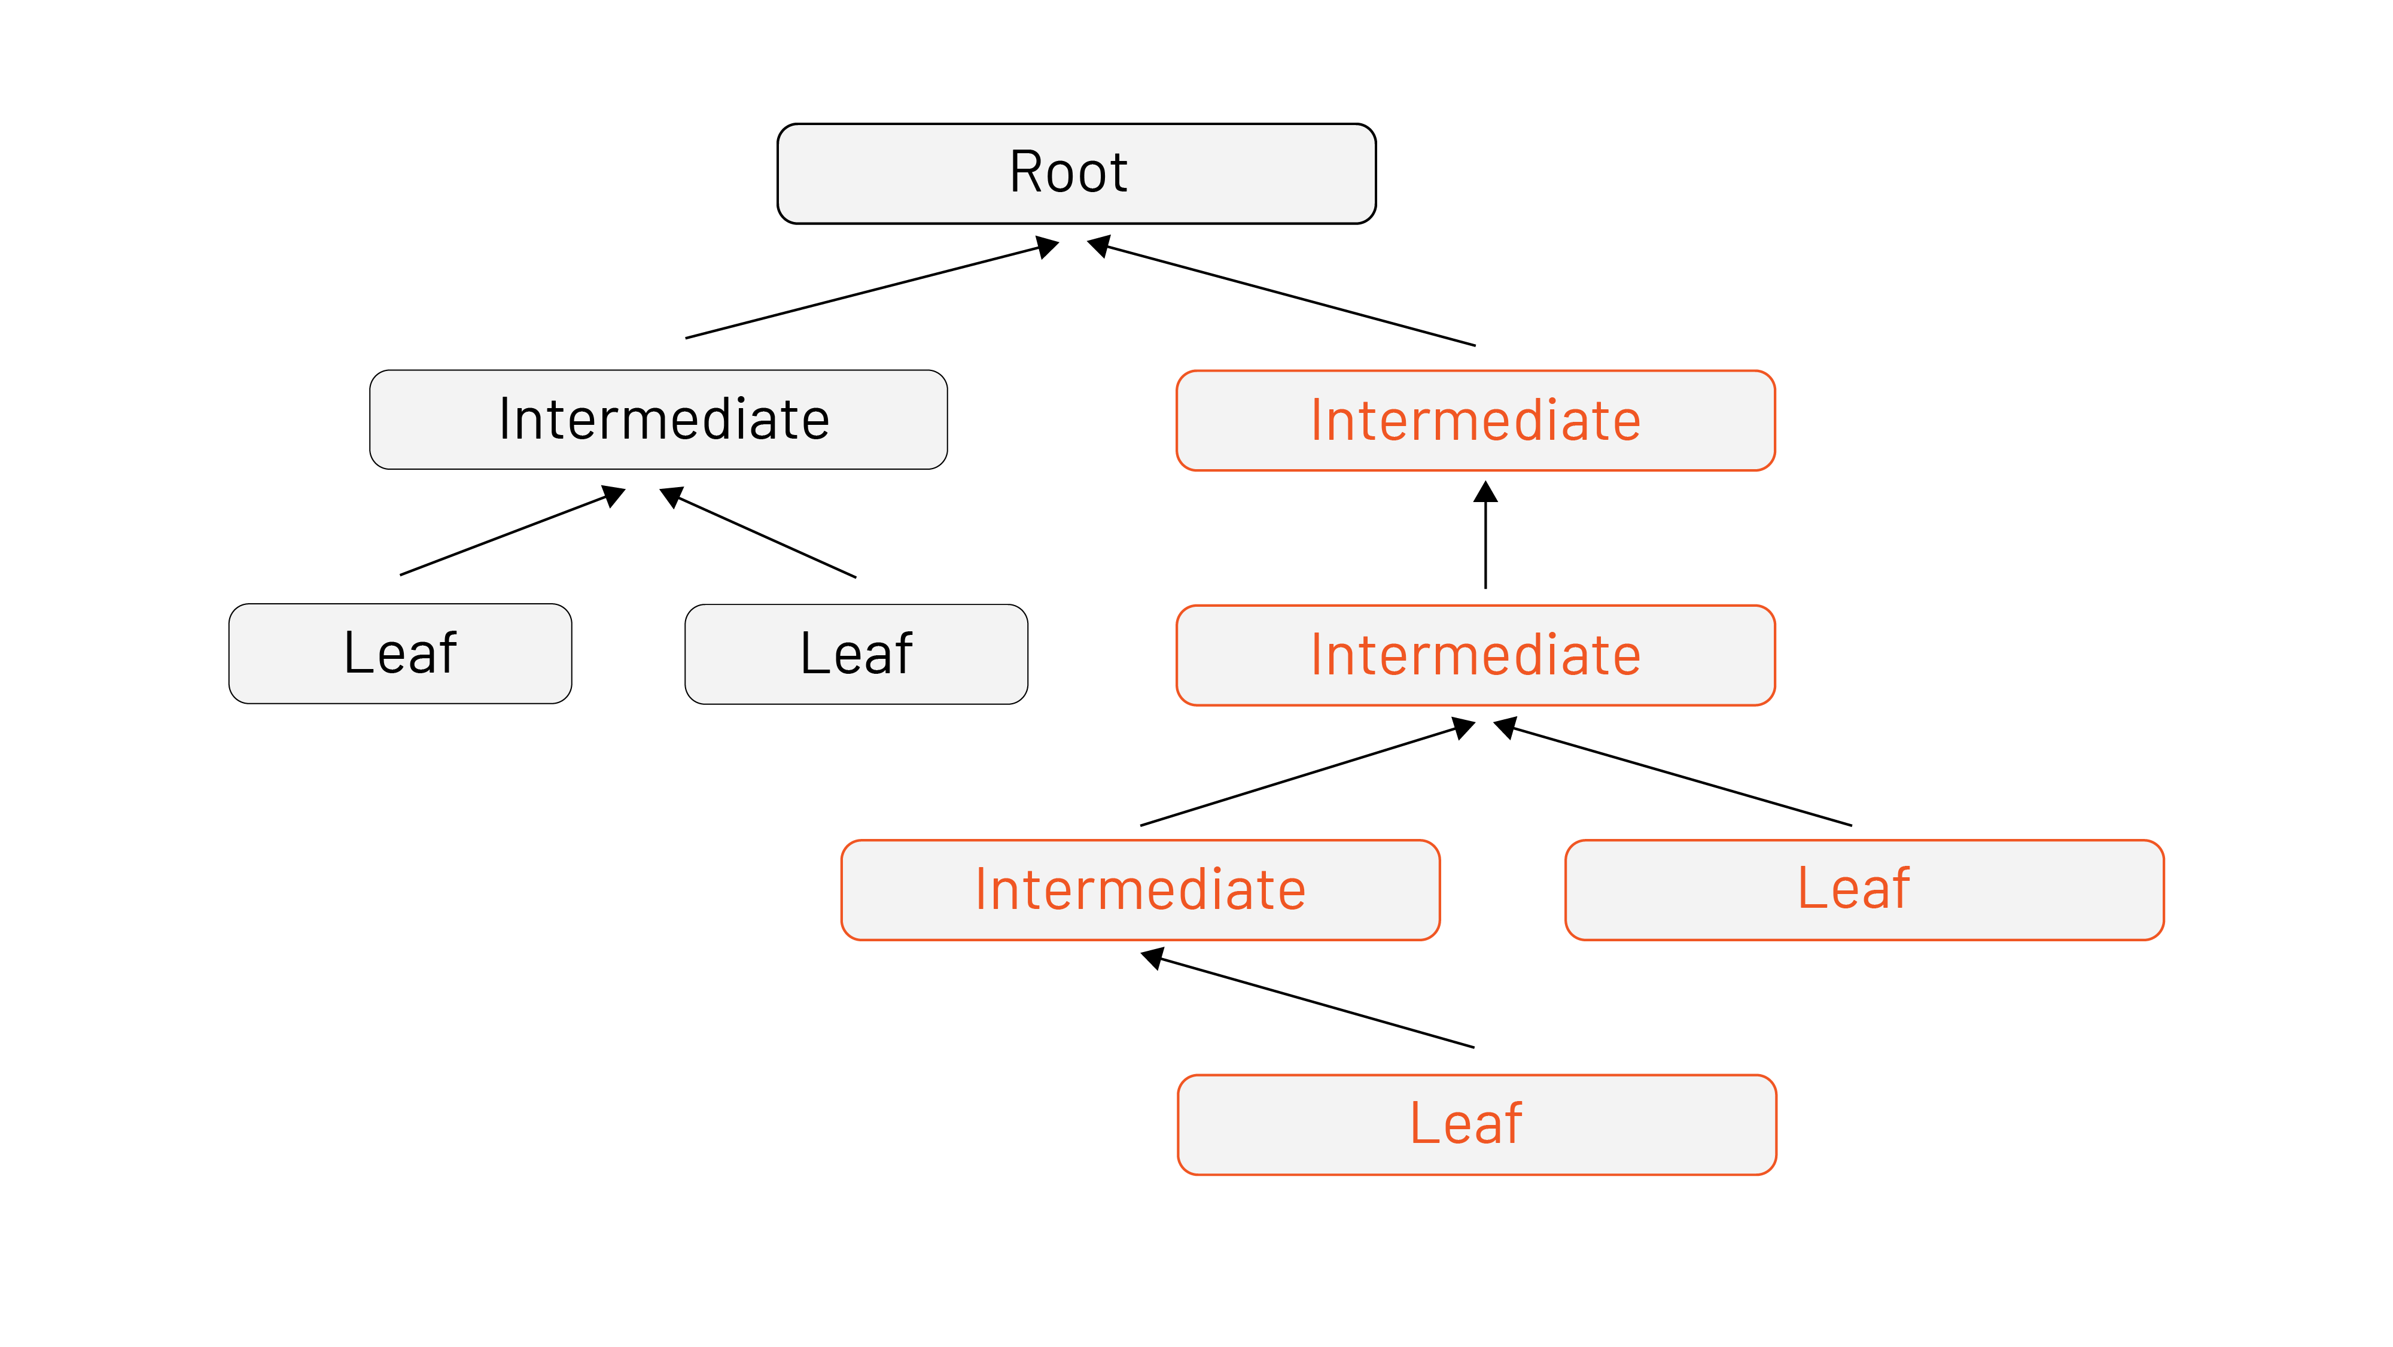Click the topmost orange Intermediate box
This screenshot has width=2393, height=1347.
(x=1475, y=421)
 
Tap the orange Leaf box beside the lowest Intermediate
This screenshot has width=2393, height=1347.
(x=1864, y=890)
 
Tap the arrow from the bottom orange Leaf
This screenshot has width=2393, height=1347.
(x=1310, y=1002)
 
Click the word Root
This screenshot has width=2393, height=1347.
(x=1068, y=173)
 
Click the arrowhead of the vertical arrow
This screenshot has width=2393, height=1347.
(x=1485, y=492)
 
